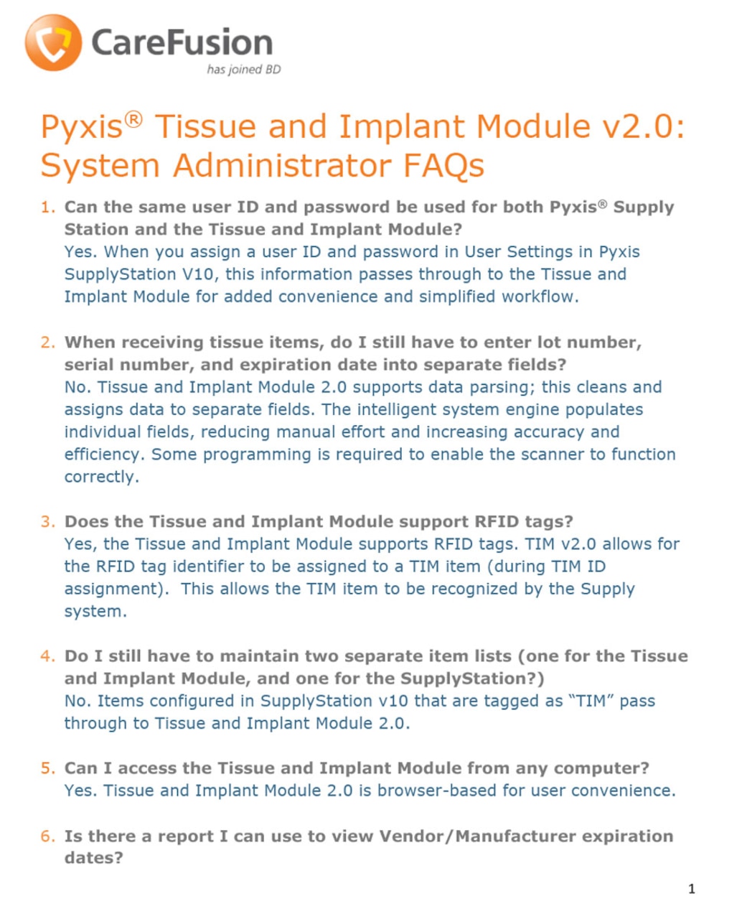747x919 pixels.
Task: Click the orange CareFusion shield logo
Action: (x=53, y=42)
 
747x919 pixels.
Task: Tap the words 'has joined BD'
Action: (x=243, y=70)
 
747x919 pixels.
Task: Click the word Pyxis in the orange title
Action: (x=81, y=127)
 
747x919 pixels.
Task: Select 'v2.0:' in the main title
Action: (x=638, y=127)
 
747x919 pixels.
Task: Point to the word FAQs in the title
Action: (x=443, y=166)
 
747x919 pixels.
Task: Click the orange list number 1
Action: (x=47, y=207)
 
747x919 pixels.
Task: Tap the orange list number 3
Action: (x=47, y=522)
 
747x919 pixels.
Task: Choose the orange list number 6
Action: (x=47, y=836)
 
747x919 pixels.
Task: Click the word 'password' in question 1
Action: (x=347, y=207)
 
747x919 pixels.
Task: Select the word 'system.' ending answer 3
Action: (x=95, y=612)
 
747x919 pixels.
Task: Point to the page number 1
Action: (x=692, y=889)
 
